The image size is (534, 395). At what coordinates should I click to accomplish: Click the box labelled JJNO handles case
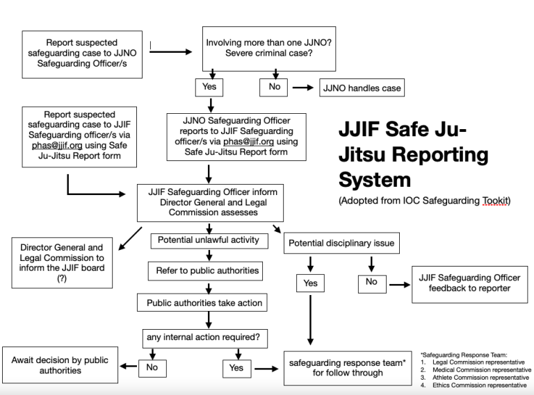(x=362, y=87)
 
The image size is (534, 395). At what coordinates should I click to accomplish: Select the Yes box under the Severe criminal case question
(x=209, y=87)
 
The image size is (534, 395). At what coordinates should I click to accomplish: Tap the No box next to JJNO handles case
(x=273, y=87)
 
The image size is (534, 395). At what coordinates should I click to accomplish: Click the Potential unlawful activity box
(x=209, y=241)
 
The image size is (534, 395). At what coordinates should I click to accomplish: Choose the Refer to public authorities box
(x=205, y=271)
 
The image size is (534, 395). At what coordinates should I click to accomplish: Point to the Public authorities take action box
(x=202, y=303)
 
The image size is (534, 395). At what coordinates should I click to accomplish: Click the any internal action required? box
(x=205, y=338)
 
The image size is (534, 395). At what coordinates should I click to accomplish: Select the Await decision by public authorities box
(x=60, y=365)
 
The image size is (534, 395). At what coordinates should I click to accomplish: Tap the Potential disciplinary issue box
(x=341, y=243)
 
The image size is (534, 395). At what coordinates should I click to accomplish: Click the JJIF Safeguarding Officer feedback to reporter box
(x=469, y=284)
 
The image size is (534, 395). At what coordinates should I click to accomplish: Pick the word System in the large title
(x=375, y=180)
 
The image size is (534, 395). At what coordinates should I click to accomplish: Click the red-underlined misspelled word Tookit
(x=495, y=201)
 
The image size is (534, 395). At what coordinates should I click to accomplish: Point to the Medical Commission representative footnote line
(x=482, y=370)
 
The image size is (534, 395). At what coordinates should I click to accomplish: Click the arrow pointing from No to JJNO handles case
(x=302, y=87)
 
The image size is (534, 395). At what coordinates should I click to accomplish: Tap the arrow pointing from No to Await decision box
(x=129, y=366)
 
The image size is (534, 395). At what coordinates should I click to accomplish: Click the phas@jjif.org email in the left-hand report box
(x=57, y=146)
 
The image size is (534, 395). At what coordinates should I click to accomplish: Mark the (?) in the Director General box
(x=62, y=278)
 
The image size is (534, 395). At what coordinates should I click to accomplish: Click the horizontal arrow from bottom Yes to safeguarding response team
(x=266, y=369)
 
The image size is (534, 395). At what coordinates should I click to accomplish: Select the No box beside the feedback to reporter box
(x=372, y=284)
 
